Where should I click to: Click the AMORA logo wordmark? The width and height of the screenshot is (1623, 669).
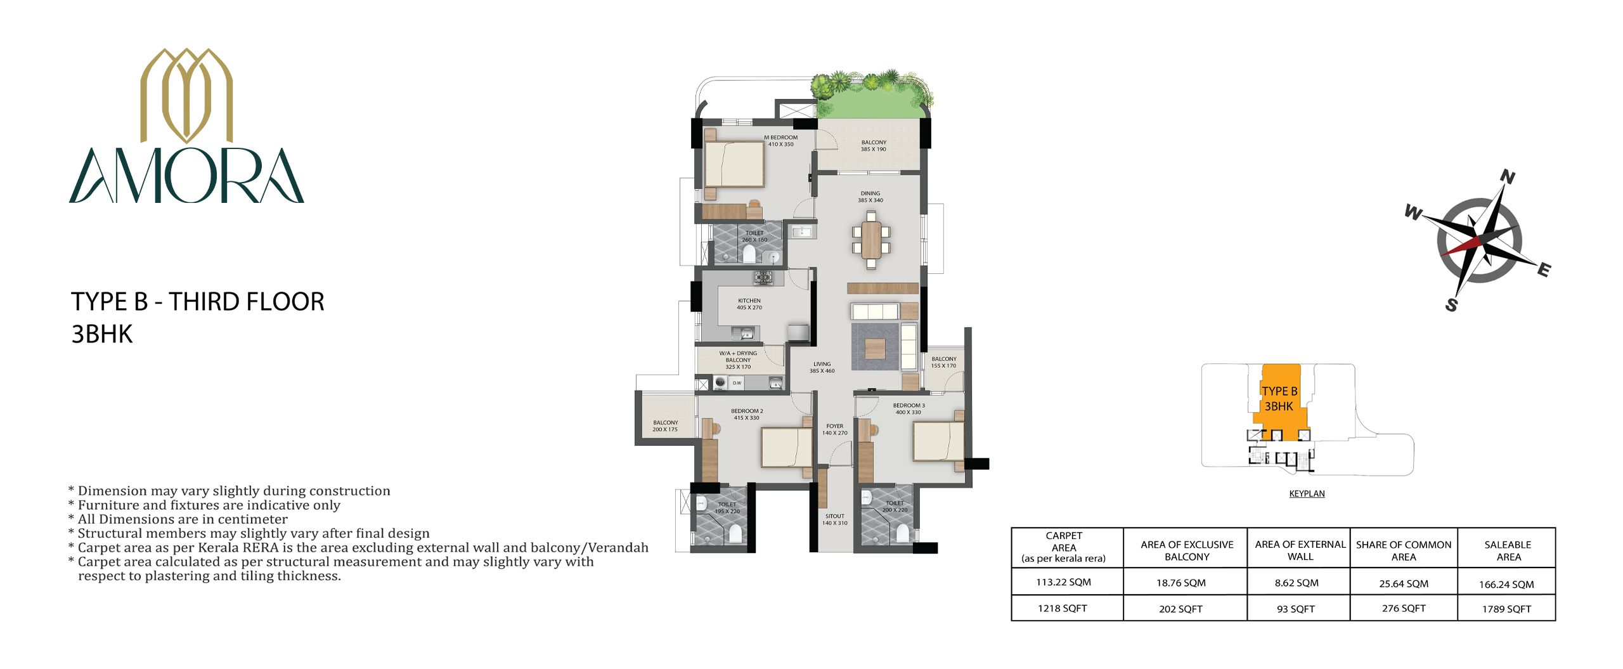[186, 176]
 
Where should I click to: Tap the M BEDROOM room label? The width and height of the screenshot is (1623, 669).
[780, 137]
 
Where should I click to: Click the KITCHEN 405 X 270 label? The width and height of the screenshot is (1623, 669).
[749, 304]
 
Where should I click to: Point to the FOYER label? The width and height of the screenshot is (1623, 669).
[835, 426]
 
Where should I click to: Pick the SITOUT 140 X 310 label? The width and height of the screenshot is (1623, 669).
[835, 519]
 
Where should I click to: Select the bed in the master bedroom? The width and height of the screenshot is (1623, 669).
[734, 164]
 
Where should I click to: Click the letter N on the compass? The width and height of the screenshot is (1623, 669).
[1508, 177]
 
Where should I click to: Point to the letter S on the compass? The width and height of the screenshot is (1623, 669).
[1451, 305]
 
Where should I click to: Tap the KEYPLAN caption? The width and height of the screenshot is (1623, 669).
[1307, 493]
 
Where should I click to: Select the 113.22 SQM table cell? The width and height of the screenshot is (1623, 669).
[1063, 582]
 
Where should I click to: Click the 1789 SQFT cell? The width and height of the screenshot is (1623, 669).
[1506, 609]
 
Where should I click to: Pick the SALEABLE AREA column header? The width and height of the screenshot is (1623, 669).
[1508, 550]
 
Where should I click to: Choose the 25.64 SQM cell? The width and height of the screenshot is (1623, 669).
[1404, 583]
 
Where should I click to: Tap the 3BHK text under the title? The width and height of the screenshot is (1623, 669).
[102, 334]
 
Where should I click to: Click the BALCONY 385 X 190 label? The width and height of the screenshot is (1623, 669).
[874, 146]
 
